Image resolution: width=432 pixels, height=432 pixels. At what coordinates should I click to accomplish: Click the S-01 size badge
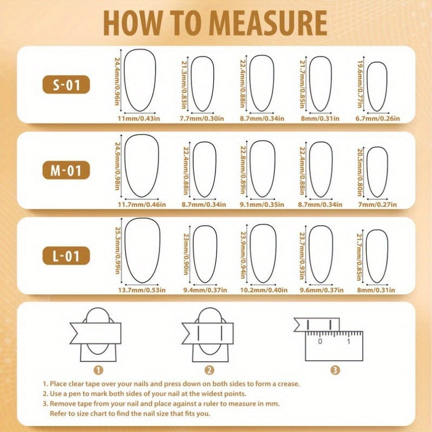66,85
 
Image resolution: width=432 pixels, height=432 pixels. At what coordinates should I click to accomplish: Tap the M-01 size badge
66,170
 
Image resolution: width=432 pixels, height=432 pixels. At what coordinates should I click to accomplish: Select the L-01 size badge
66,255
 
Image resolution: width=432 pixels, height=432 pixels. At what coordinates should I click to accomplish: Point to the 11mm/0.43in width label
139,119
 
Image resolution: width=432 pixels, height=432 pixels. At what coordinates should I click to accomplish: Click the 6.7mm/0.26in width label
377,119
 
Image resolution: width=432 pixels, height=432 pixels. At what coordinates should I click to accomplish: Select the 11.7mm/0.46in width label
142,205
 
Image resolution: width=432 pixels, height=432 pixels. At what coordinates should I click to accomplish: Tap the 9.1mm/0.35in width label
262,205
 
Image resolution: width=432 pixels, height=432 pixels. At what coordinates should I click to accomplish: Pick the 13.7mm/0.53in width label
142,290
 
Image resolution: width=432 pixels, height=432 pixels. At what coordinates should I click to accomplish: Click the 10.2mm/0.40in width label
264,290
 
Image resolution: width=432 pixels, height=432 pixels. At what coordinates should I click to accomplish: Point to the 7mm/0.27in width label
377,205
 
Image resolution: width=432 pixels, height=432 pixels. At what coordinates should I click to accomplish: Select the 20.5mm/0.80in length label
360,172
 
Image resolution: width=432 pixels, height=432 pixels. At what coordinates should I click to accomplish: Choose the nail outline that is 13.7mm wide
125,250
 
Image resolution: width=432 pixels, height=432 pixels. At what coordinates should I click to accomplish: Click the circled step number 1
98,370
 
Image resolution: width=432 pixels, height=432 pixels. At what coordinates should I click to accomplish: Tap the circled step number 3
335,370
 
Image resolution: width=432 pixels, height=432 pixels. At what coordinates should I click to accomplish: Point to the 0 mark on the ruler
320,341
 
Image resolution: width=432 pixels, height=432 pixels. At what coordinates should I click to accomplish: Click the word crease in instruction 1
288,384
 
